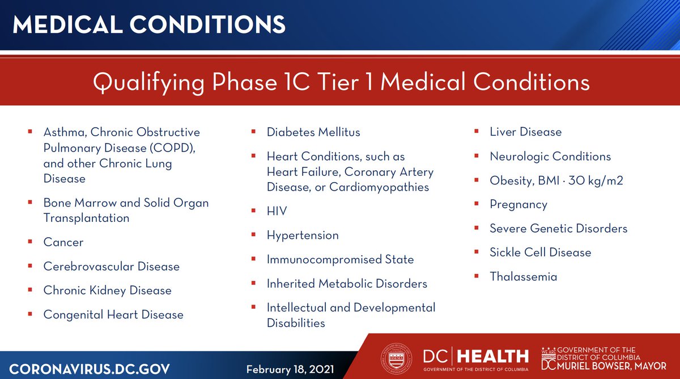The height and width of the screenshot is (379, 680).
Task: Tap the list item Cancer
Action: pos(63,242)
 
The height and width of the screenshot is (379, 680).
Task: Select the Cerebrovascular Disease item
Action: pos(111,267)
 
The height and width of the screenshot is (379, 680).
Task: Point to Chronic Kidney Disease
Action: pos(107,290)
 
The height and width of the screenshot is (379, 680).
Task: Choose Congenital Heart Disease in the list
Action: pos(113,315)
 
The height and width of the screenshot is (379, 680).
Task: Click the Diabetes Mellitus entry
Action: pos(313,132)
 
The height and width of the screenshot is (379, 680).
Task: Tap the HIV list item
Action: pos(277,212)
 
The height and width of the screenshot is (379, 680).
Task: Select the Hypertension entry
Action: pos(303,235)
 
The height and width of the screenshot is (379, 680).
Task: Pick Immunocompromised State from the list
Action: pos(340,260)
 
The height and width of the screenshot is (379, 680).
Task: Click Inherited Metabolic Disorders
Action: pos(347,284)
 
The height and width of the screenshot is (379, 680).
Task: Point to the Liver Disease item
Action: pos(525,132)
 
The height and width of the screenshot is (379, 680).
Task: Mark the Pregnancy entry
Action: pos(518,205)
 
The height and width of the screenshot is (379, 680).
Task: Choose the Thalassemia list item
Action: pos(523,277)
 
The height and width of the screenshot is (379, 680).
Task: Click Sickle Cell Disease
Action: pos(540,252)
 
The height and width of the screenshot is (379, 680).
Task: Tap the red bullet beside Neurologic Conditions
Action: pos(477,156)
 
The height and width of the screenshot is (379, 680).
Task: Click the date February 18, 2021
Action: pos(290,370)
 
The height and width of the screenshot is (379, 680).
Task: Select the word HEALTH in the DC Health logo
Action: pos(492,356)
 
